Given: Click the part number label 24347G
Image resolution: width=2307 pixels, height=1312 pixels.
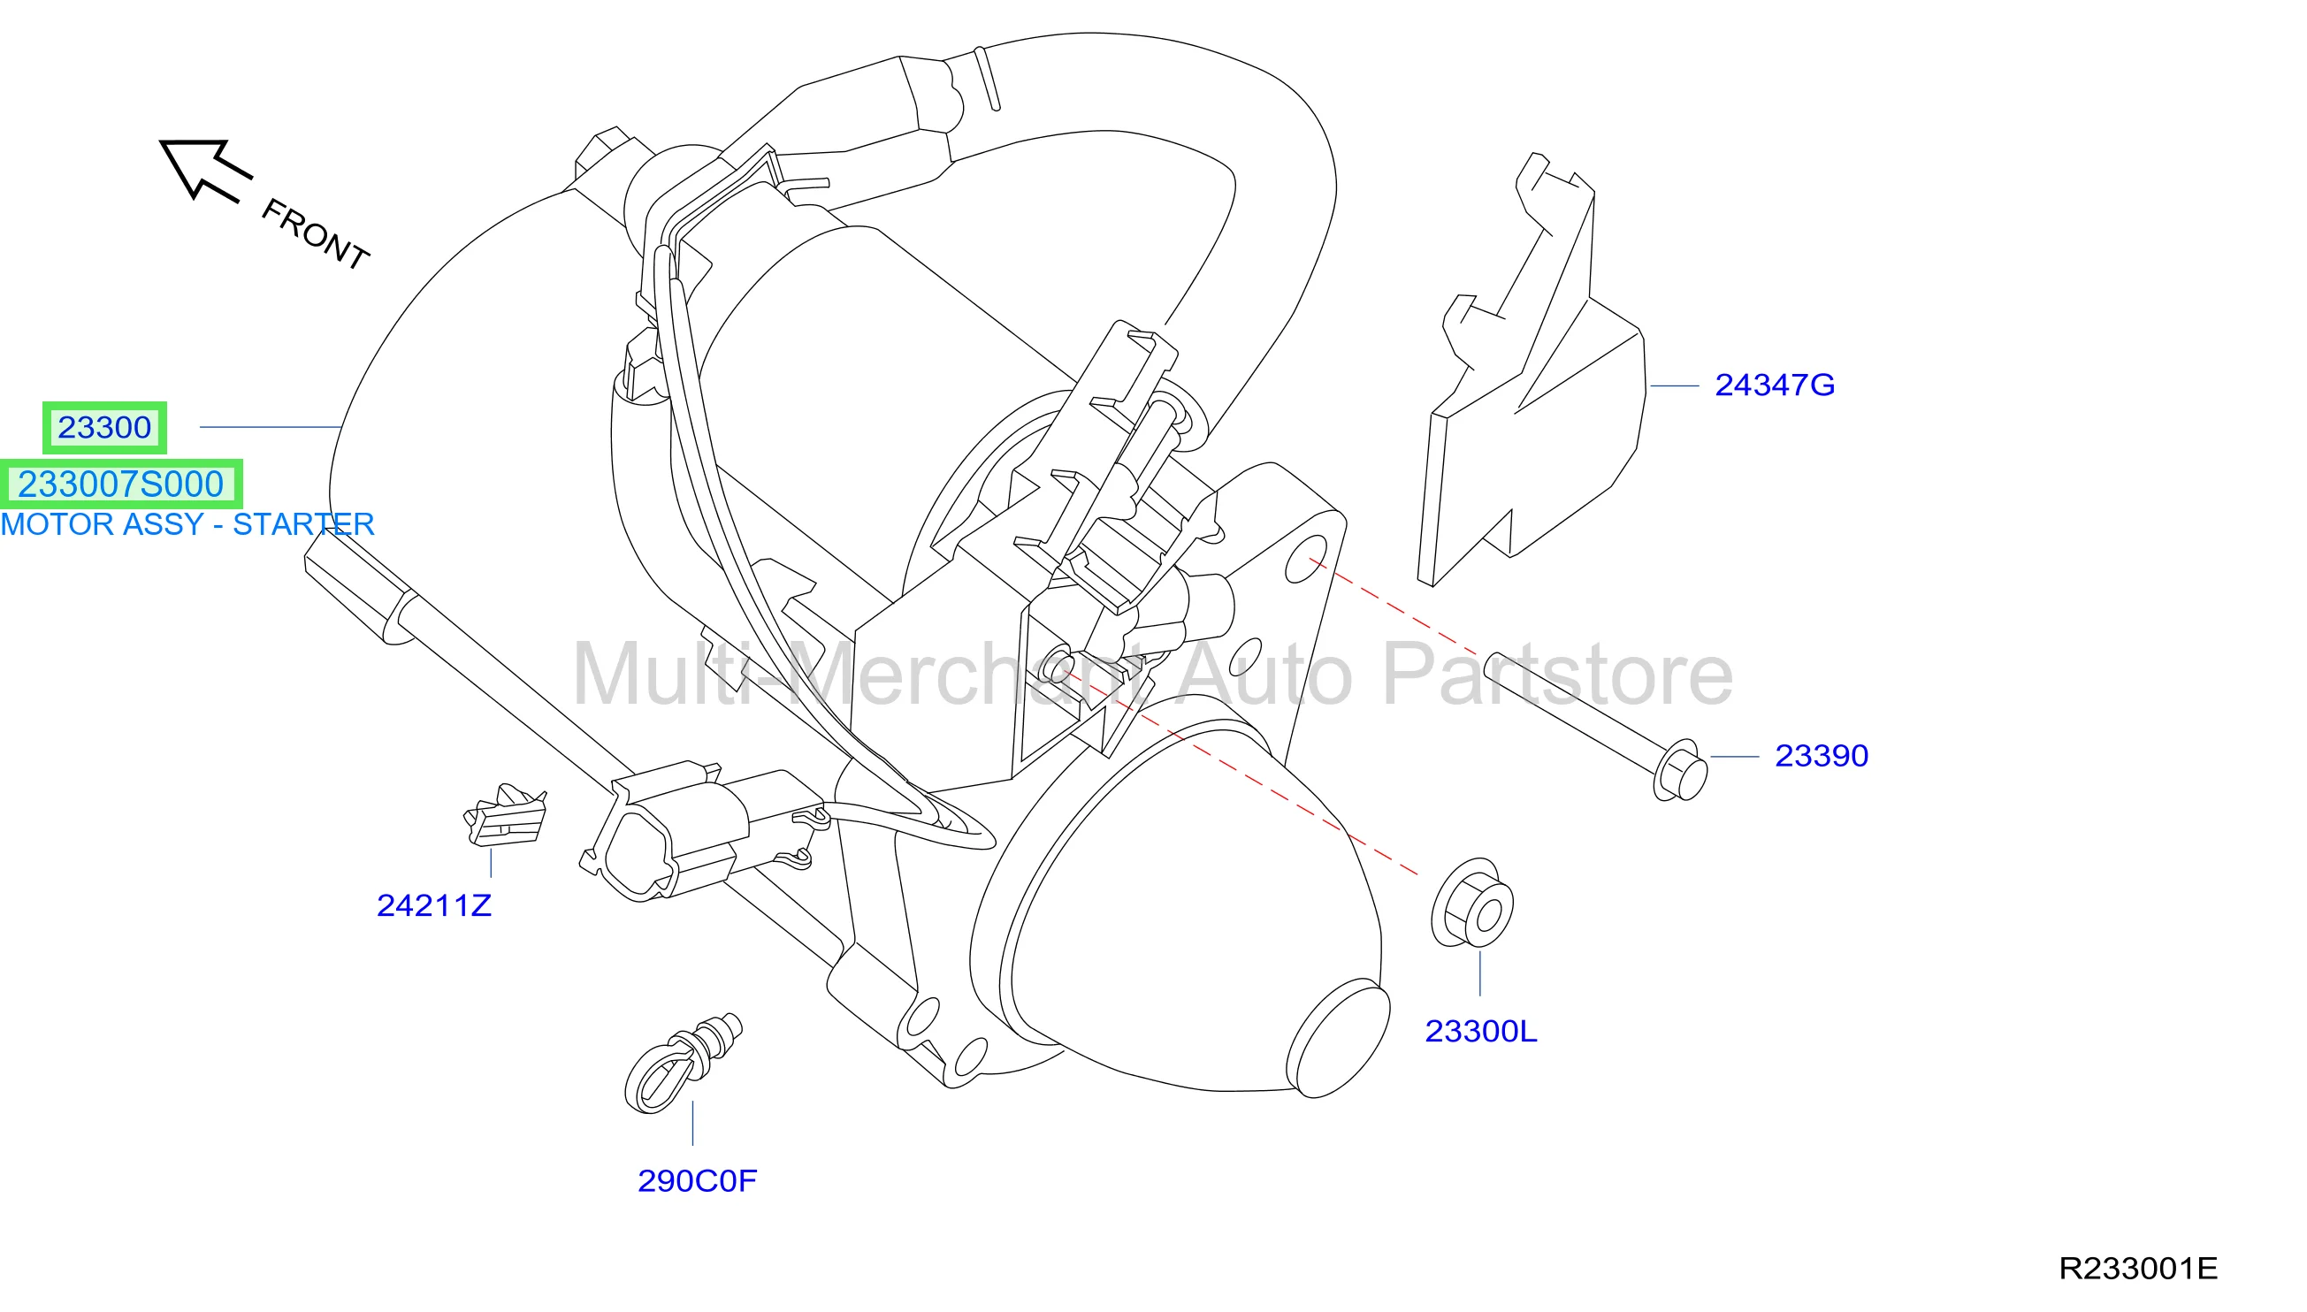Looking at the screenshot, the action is [x=1774, y=385].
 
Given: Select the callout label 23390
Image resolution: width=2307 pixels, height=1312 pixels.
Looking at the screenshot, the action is [x=1822, y=756].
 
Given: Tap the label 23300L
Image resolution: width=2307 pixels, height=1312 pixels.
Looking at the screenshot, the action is [x=1480, y=1032].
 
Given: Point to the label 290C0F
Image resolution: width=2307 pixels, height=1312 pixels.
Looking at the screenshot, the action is [x=697, y=1181].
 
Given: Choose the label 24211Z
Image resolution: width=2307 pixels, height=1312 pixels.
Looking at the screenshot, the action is [x=433, y=905].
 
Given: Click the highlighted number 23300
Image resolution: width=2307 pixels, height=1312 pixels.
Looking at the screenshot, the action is [x=104, y=427].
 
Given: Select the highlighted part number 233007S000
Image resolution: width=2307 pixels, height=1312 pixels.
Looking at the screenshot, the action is [x=121, y=484].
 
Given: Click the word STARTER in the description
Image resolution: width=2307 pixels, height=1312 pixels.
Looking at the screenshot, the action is [x=303, y=524].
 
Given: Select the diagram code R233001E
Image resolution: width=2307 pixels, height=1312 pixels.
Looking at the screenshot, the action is [x=2137, y=1269].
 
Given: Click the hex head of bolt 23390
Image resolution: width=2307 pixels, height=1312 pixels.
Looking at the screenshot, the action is [x=1680, y=770].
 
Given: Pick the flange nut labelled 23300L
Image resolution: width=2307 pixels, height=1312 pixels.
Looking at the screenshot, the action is [x=1472, y=904].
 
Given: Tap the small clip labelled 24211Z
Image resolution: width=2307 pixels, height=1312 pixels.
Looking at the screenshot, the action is [x=506, y=814].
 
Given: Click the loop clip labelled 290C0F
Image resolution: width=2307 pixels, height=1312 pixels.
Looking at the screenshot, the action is [x=682, y=1064].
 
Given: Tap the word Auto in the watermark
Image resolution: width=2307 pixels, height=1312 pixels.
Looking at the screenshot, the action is [x=1264, y=675].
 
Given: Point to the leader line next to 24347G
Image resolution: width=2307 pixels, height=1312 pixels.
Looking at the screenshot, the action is [x=1675, y=386].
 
